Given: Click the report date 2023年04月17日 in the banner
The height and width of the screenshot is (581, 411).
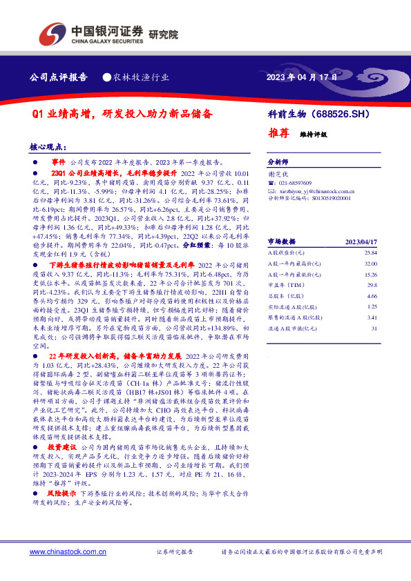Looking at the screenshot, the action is (x=302, y=77).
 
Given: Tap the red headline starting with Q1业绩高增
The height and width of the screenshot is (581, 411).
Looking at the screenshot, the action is (x=122, y=112).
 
